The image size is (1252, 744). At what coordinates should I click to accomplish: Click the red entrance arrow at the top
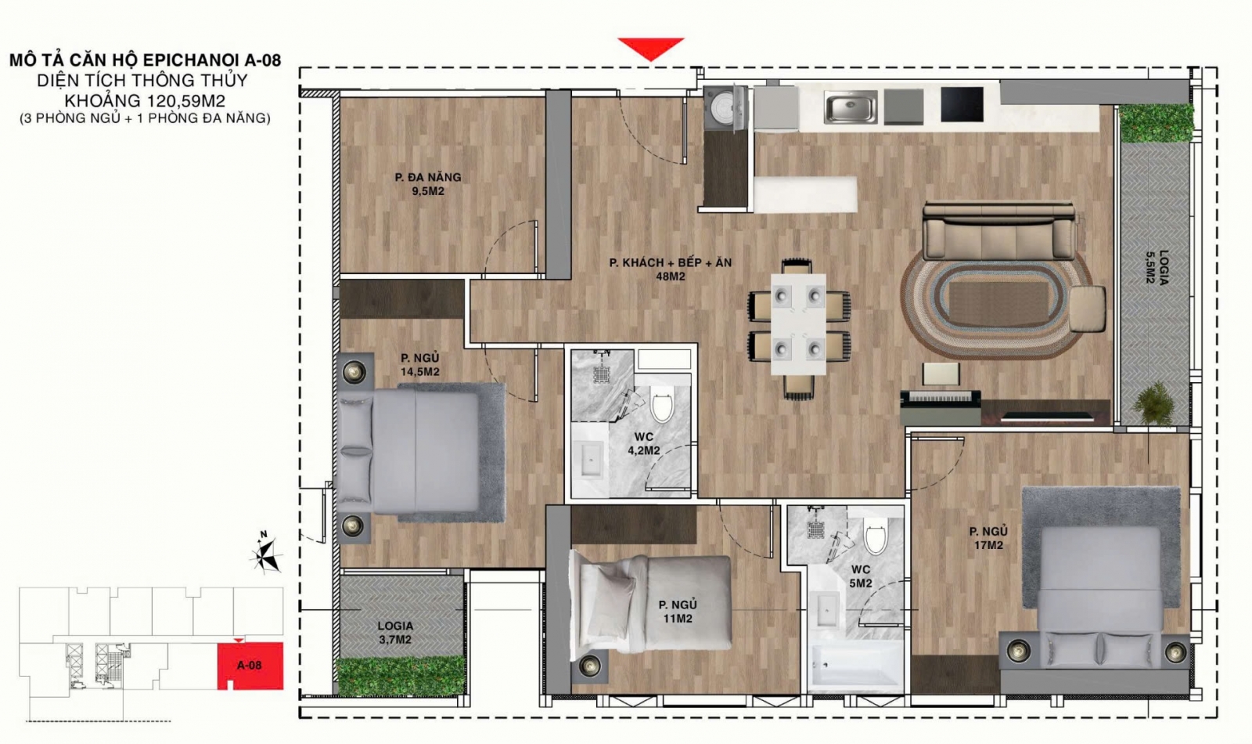650,48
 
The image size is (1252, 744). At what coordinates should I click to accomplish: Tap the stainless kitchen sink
850,110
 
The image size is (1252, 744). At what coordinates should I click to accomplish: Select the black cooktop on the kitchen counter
962,104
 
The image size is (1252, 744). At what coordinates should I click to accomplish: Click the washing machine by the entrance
725,108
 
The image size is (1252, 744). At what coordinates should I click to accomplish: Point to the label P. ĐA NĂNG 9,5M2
428,184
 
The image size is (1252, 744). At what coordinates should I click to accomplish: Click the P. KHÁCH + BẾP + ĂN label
670,262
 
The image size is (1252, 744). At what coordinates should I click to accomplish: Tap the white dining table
798,324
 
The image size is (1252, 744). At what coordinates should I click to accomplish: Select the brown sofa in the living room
998,231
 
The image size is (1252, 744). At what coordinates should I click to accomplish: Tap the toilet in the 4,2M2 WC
662,406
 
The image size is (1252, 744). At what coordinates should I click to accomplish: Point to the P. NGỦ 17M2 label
988,537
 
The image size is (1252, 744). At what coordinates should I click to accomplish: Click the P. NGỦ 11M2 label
678,612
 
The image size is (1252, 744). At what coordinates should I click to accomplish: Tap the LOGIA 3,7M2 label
395,633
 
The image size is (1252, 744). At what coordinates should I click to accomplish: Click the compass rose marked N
265,553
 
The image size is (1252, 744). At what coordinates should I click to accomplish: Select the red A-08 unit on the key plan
250,666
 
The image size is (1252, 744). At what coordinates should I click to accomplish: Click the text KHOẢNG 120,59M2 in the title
145,101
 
